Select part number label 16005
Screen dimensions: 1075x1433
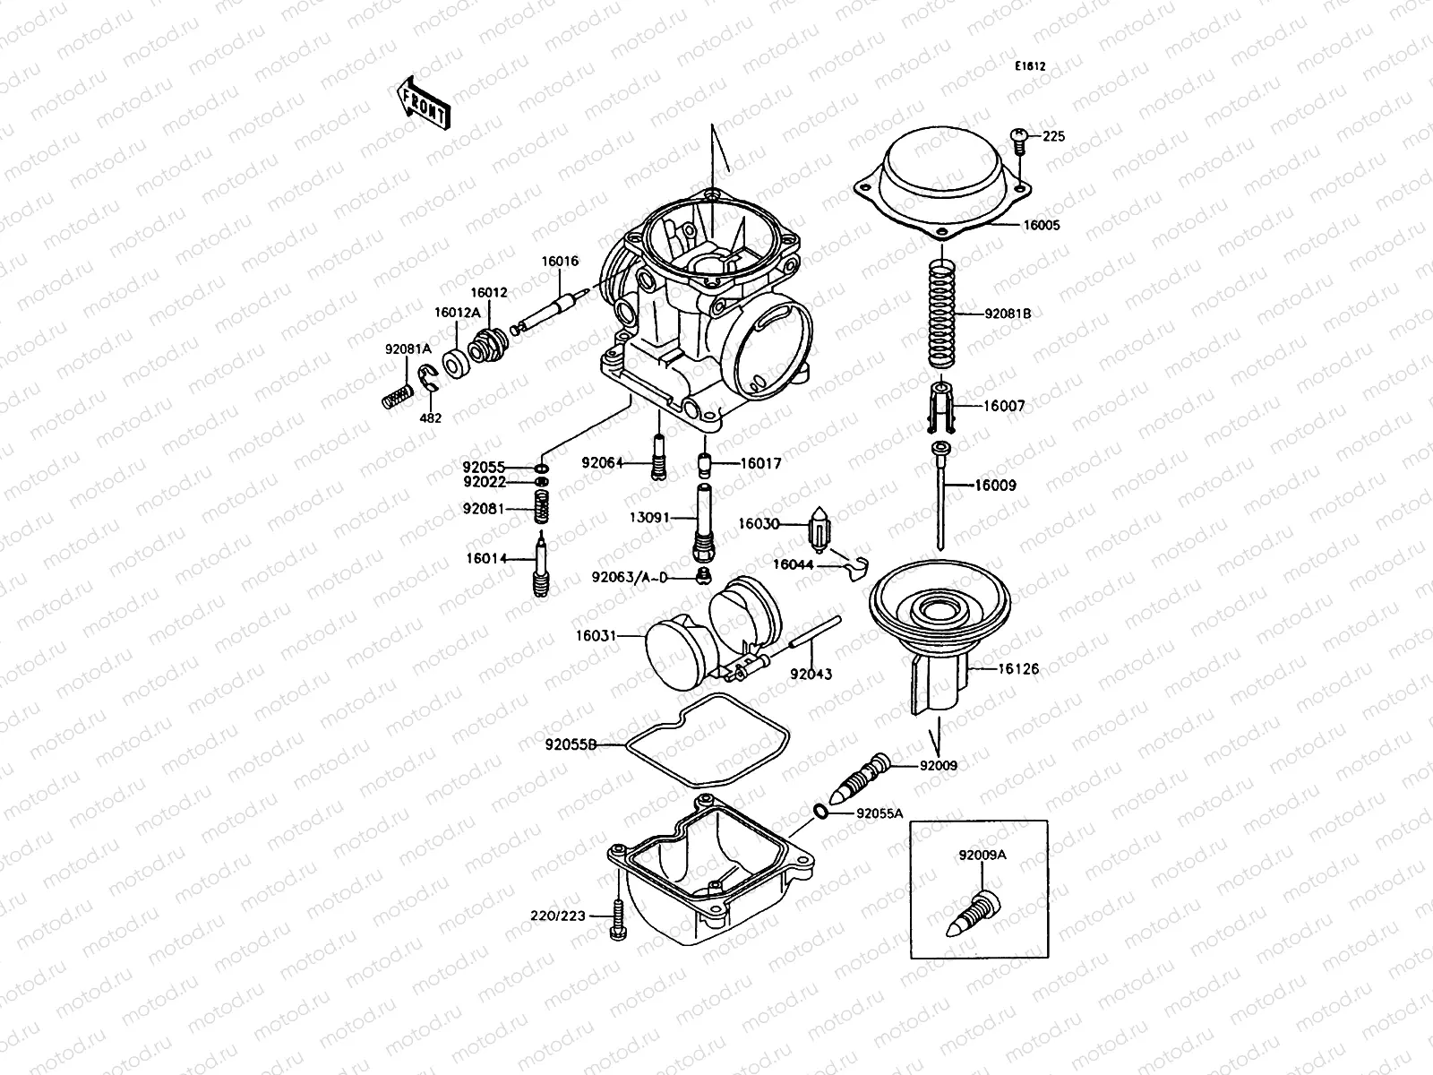tap(1042, 226)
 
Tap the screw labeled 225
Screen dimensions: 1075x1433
tap(1018, 136)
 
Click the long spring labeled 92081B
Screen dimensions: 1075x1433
tap(939, 314)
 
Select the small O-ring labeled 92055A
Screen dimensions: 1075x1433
tap(820, 812)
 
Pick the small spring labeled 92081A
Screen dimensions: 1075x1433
tap(396, 396)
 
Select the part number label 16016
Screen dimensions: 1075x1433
tap(559, 262)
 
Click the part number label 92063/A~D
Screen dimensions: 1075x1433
tap(629, 578)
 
